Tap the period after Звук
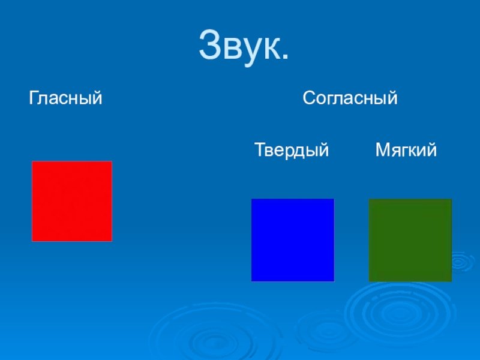(284, 56)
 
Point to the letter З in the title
(211, 44)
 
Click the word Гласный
(65, 98)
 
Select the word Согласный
(350, 98)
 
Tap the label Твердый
(292, 150)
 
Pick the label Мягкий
(406, 149)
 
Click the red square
(72, 201)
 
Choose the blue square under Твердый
(293, 240)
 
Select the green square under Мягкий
(410, 241)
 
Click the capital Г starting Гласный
(34, 98)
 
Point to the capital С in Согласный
(310, 98)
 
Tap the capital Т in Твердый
(260, 149)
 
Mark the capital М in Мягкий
(383, 149)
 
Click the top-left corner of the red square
(32, 161)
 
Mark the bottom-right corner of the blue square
(334, 281)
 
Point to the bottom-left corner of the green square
(369, 281)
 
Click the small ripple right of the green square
(459, 262)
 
